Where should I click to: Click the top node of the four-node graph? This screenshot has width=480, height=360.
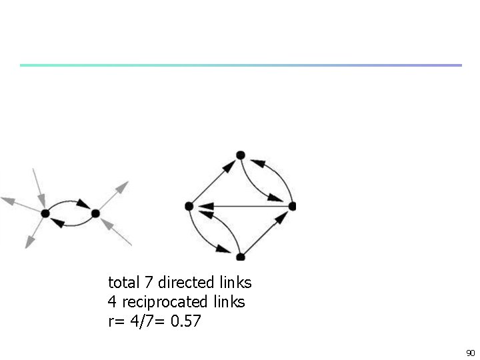click(x=241, y=155)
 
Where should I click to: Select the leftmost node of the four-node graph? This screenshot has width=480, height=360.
click(x=189, y=207)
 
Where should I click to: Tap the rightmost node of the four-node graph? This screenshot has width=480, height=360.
click(x=291, y=206)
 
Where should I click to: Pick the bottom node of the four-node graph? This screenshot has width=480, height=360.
click(x=241, y=257)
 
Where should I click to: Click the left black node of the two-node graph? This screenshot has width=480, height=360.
click(x=45, y=213)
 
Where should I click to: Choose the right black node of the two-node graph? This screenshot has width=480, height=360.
click(x=95, y=213)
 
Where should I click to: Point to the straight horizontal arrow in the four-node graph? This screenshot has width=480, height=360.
click(x=240, y=207)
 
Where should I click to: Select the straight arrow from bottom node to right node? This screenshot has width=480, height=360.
click(x=267, y=231)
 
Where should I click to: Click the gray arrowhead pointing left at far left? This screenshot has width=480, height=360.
click(x=9, y=199)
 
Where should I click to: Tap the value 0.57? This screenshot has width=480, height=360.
click(x=185, y=322)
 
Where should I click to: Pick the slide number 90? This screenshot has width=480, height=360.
click(x=469, y=352)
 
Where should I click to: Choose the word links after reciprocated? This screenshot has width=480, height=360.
click(x=227, y=302)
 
